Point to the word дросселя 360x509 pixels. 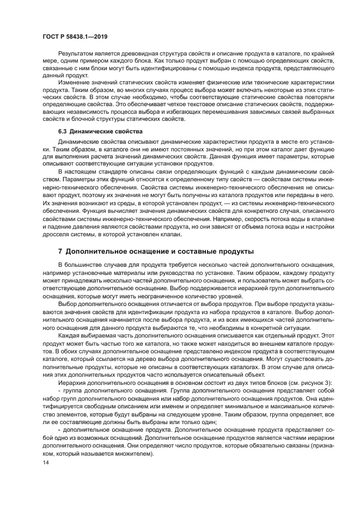58,234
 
